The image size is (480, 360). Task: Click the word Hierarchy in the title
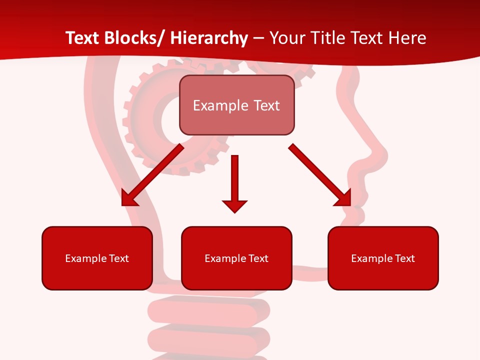pos(208,38)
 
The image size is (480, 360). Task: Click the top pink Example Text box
pos(236,105)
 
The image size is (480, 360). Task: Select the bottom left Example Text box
pos(97,258)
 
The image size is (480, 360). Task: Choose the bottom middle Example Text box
pos(236,258)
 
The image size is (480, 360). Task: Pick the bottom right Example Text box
pos(383,258)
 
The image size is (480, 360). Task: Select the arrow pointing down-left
pos(152,175)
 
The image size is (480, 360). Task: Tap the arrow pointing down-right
pos(320,175)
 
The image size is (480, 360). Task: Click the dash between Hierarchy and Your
pos(258,38)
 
